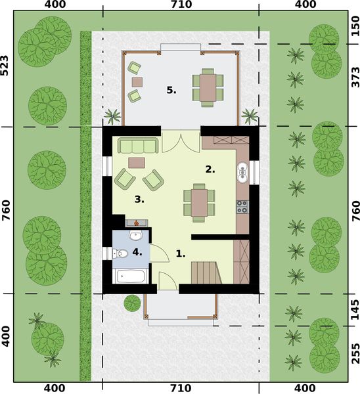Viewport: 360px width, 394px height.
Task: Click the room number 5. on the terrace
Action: coord(171,91)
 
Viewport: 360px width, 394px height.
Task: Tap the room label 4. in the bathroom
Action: coord(136,251)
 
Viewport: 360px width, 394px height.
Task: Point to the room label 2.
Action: coord(210,169)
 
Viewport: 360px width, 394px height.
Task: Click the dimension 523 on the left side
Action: coord(6,64)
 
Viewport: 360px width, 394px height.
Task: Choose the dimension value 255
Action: coord(354,354)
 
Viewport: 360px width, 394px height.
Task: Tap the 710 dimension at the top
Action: coord(180,6)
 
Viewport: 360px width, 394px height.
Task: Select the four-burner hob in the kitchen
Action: coord(242,207)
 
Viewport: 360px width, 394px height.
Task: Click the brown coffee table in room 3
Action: coord(137,162)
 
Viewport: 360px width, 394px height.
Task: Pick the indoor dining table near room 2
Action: coord(198,200)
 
